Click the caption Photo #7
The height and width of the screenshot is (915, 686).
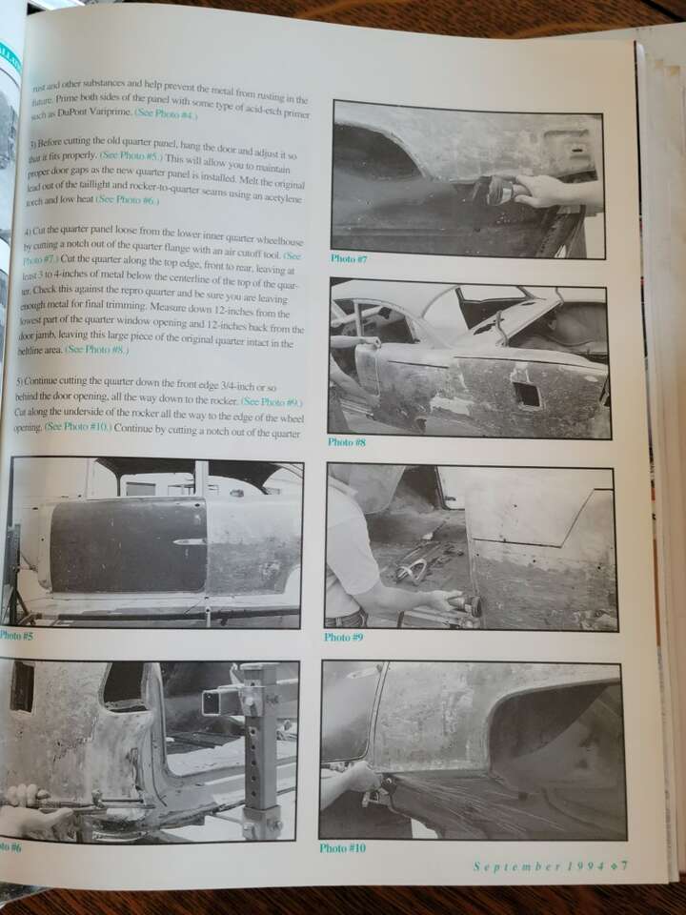point(349,258)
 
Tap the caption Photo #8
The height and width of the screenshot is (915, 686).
point(347,442)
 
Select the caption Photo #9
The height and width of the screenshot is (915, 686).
point(343,637)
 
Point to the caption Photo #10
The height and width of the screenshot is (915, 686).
point(342,847)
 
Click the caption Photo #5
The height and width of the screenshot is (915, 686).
point(16,636)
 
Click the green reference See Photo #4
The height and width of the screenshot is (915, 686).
point(166,113)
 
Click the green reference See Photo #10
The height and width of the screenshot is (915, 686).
point(77,428)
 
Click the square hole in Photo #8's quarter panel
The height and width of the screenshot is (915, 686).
point(526,395)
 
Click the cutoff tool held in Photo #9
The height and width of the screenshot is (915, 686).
point(467,605)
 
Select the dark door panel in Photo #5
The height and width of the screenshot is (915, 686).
point(128,545)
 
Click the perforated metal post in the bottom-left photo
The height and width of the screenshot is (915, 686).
point(259,753)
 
